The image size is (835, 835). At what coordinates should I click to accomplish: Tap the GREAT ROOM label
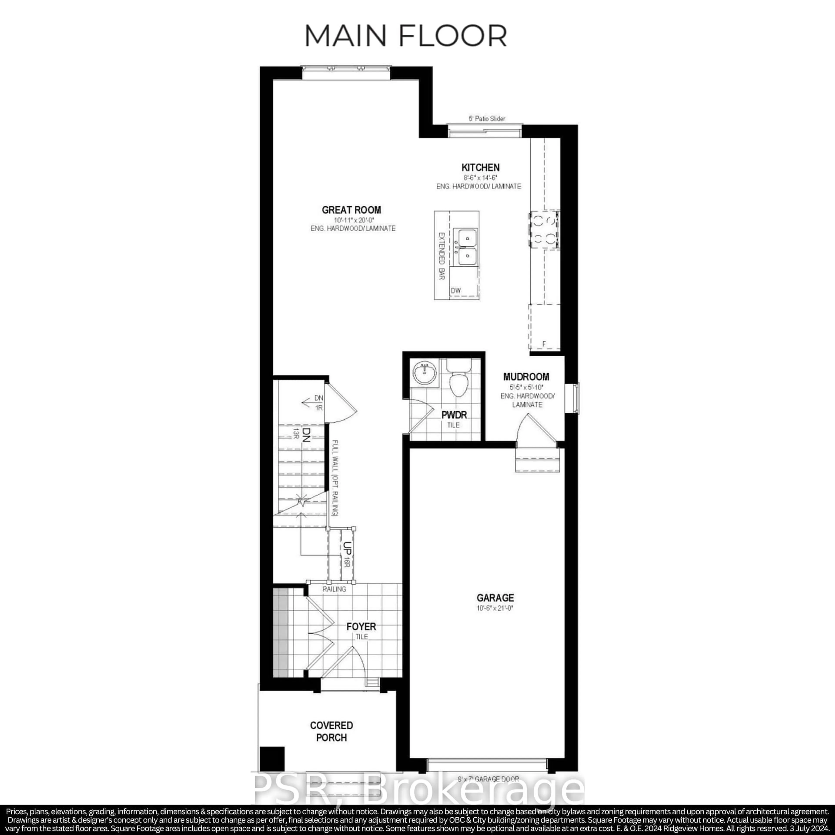tap(351, 210)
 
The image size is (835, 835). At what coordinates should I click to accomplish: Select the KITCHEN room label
tap(480, 167)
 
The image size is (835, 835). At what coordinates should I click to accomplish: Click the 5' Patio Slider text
tap(487, 119)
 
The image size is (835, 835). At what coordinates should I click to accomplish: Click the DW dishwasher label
tap(456, 291)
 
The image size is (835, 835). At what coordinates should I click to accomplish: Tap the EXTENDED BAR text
tap(442, 256)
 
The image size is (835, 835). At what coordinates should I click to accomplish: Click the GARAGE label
tap(495, 598)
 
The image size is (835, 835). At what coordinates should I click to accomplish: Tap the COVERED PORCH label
tap(331, 731)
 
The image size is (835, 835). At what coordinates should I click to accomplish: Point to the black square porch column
tap(272, 759)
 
